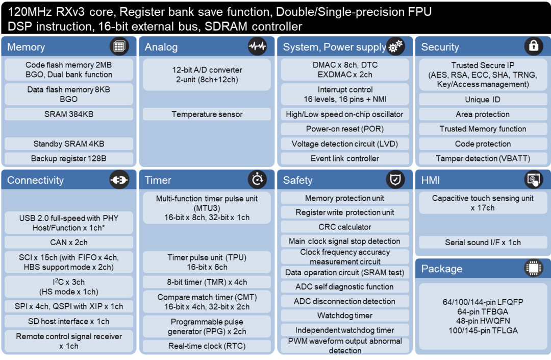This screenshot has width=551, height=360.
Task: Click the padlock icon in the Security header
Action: coord(534,46)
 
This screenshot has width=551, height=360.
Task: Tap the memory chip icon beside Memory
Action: coord(119,46)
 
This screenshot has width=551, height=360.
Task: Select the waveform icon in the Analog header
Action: coord(257,46)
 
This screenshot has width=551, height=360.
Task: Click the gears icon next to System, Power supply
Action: coord(395,46)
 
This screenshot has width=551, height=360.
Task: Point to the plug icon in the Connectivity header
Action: coord(119,180)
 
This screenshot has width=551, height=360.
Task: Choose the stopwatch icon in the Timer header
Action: coord(257,180)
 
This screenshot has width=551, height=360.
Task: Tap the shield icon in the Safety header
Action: coord(395,180)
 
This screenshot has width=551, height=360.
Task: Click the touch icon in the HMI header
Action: coord(534,180)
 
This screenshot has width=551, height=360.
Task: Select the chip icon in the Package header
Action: coord(534,268)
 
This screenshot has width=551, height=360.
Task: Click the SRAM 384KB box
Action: coord(69,114)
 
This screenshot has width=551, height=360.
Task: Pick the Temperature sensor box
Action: coord(207,114)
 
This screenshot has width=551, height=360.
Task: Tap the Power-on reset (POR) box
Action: coord(345,129)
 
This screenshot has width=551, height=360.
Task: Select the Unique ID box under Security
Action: coord(483,100)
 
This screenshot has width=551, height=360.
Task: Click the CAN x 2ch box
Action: coord(69,243)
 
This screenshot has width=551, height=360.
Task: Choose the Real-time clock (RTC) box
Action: coord(207,346)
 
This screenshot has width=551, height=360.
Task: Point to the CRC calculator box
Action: coord(345,227)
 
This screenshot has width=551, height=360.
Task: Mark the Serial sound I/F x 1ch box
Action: coord(483,243)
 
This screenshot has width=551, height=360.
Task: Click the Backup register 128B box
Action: coord(69,158)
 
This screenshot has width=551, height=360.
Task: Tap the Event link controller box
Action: coord(345,158)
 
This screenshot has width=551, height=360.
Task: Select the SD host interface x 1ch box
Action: coord(69,321)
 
